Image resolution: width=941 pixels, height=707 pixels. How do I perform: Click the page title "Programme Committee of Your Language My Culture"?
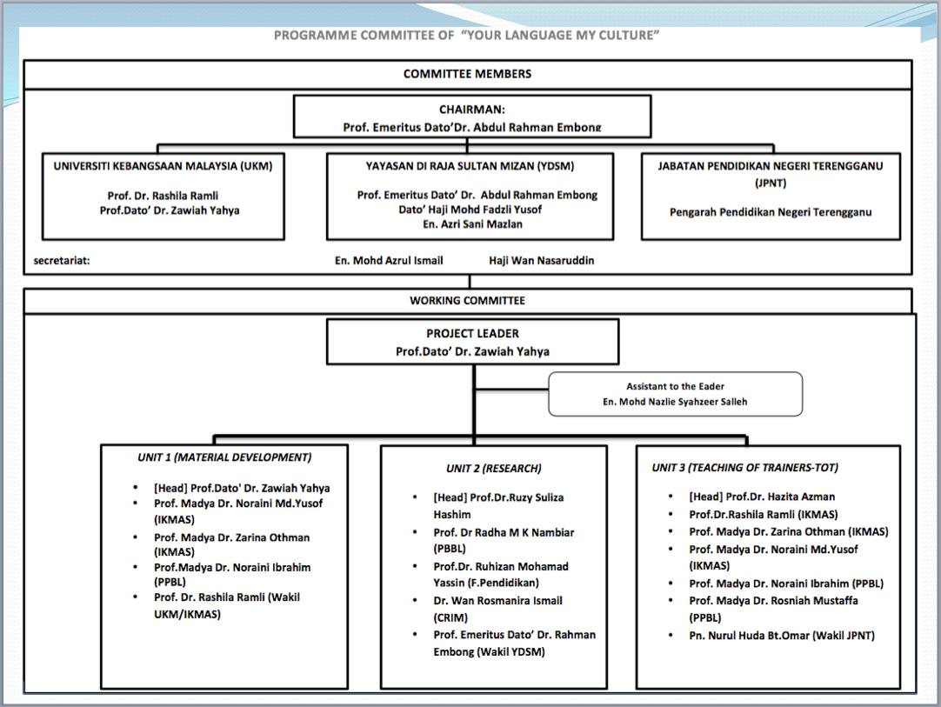[467, 36]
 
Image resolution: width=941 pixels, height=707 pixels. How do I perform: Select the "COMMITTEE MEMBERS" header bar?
[467, 74]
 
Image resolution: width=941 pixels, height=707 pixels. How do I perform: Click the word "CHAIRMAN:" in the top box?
[471, 110]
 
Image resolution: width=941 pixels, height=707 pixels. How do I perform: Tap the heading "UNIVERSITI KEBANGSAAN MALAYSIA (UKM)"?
[163, 166]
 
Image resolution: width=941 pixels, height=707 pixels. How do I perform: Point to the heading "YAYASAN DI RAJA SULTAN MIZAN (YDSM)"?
[470, 166]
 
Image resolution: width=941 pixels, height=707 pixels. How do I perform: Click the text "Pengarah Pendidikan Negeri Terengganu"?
[771, 212]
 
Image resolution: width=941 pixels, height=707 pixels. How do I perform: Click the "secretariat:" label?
[62, 260]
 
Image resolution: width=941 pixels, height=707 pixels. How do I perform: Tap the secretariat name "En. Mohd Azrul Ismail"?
[390, 260]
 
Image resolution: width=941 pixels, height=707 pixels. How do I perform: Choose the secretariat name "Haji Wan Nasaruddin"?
[542, 260]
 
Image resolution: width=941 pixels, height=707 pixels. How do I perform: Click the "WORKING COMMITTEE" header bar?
[467, 301]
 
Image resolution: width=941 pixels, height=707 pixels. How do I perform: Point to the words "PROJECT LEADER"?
[472, 333]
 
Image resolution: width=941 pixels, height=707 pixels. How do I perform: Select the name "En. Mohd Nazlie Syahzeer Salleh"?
[675, 402]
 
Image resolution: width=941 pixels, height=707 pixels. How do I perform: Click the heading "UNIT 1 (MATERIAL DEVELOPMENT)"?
[224, 457]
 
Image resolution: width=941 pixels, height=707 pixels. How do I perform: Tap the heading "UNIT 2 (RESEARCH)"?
[493, 468]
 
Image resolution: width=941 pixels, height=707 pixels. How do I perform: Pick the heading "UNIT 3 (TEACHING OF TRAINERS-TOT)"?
[744, 467]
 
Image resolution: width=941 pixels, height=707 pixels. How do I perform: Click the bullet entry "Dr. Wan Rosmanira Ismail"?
[497, 600]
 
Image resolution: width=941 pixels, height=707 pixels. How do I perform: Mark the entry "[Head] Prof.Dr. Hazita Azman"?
[750, 497]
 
